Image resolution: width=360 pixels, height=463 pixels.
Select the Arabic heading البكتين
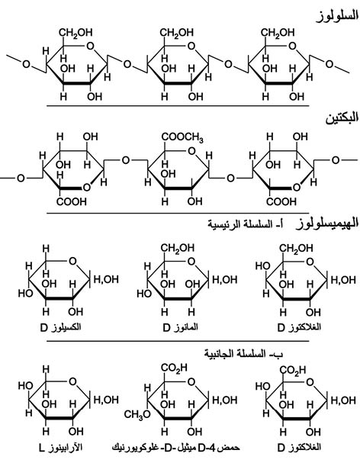[342, 118]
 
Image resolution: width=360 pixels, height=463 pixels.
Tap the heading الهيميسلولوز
[327, 223]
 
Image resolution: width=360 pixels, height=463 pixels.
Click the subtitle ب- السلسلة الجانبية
[244, 353]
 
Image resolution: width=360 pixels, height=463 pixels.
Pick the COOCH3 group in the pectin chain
[182, 137]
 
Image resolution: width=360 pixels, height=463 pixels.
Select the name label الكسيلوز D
[60, 328]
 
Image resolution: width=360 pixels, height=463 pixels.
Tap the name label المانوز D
[180, 328]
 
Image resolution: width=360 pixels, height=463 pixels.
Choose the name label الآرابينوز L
[60, 448]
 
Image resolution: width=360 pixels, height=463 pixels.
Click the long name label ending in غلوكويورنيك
[176, 448]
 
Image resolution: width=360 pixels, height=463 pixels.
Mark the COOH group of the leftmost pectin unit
[72, 202]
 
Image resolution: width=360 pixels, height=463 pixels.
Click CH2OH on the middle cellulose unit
[177, 32]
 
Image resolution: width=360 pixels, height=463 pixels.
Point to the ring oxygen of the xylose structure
[72, 261]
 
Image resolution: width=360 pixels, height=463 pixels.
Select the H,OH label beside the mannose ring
[225, 279]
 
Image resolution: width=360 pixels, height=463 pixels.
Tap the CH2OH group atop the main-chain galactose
[296, 248]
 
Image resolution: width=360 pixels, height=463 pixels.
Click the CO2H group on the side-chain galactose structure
[293, 370]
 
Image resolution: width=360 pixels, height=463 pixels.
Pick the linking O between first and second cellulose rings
[127, 64]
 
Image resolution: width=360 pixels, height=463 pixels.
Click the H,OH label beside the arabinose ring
[106, 400]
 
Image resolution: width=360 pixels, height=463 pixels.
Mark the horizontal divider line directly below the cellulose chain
[178, 105]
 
